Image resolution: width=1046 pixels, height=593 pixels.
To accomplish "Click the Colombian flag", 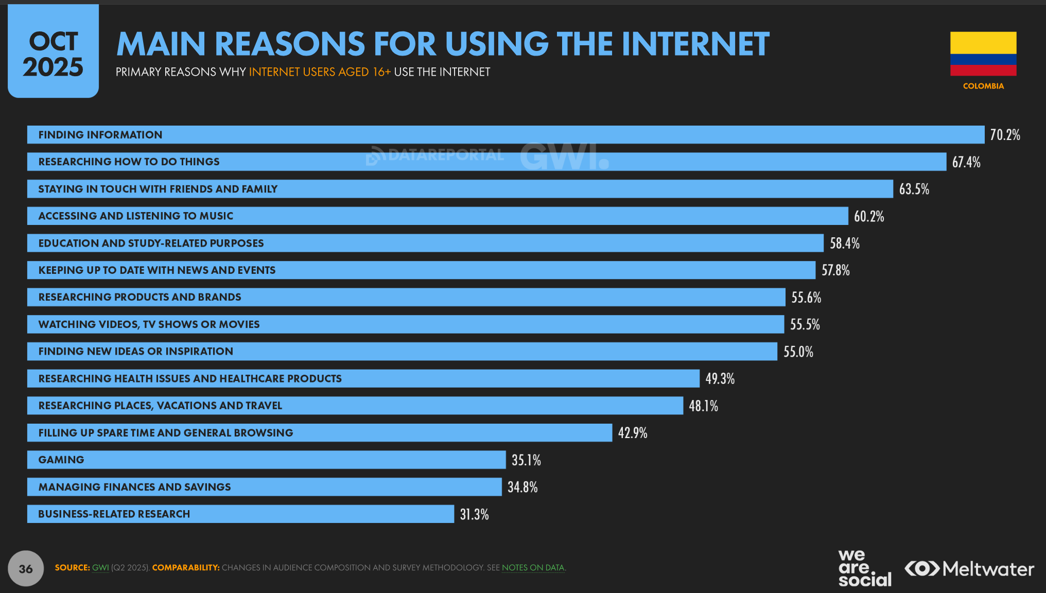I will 983,54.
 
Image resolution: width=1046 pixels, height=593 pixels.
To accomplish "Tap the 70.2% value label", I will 1005,135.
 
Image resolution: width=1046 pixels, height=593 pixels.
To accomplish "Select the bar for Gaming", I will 266,460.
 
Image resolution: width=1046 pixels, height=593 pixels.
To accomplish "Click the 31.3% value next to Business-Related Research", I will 474,514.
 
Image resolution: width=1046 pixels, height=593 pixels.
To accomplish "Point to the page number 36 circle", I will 26,568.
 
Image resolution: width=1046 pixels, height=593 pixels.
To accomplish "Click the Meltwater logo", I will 969,569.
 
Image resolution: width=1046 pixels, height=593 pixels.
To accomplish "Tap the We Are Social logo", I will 864,568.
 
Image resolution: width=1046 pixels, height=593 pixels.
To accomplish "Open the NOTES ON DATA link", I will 533,568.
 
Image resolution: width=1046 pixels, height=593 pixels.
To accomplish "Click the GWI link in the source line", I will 100,568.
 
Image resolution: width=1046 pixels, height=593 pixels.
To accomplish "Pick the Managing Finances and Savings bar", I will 264,487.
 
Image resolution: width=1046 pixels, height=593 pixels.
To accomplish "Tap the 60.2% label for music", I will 869,216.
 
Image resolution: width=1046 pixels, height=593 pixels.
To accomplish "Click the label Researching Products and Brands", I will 140,297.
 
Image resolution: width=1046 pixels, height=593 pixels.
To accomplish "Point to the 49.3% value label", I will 720,379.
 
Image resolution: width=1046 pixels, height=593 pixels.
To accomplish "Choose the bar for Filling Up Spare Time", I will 319,433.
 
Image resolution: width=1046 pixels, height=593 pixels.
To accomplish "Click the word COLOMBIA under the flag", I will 983,86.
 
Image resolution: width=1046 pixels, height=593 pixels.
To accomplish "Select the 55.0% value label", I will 798,352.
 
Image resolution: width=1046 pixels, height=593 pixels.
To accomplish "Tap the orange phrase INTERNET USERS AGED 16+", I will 320,72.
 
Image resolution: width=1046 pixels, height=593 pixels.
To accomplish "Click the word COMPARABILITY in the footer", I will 186,568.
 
